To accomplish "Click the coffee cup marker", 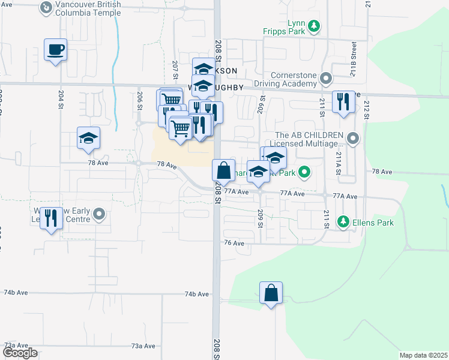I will tap(55, 50).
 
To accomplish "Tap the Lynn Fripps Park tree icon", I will tap(314, 26).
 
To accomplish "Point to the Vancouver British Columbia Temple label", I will tap(88, 8).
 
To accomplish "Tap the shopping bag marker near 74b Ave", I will tap(271, 293).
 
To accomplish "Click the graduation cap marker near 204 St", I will tap(88, 139).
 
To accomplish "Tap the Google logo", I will tap(20, 353).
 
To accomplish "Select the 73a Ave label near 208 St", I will tap(144, 346).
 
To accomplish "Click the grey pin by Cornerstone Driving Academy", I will tap(326, 78).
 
